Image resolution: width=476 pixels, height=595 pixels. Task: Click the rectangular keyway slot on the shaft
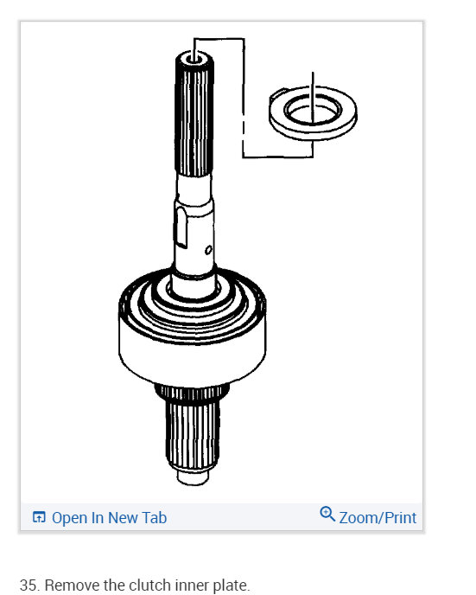pos(180,227)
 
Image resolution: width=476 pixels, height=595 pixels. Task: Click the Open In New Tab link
pos(109,518)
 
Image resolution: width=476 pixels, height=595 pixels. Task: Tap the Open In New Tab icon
pos(39,518)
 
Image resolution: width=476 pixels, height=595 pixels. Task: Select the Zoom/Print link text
pos(378,518)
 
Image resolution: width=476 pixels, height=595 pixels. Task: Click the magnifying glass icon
pos(327,515)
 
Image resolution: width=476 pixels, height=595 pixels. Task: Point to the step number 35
pos(29,585)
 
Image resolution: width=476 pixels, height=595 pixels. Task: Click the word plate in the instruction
pos(229,585)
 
